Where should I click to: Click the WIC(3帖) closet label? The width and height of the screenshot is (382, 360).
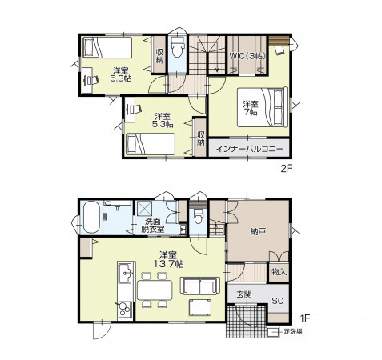tap(248, 56)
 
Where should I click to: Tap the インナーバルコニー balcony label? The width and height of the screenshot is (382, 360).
tap(250, 149)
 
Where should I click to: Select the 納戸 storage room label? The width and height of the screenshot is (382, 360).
tap(258, 232)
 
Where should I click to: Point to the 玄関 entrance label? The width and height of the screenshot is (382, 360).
tap(244, 294)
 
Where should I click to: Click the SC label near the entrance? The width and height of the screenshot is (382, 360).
tap(277, 301)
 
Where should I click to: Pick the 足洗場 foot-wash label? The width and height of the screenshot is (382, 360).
tap(293, 332)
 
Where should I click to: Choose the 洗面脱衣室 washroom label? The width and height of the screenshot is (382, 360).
tap(153, 226)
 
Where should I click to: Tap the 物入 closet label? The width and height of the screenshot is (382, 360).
tap(279, 272)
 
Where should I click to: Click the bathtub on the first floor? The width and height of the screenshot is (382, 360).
tap(91, 217)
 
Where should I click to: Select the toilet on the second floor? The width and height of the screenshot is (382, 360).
tap(178, 47)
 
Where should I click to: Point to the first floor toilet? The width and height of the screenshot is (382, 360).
tap(199, 216)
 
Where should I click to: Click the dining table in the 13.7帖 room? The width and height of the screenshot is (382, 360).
tap(155, 290)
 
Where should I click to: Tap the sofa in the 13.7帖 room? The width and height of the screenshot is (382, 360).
tap(200, 286)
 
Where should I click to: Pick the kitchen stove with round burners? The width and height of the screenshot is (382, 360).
tap(124, 310)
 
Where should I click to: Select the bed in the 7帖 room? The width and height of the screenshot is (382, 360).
tap(262, 107)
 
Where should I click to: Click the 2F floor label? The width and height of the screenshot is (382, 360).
tap(287, 169)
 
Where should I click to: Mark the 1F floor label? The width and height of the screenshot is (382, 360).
tap(305, 318)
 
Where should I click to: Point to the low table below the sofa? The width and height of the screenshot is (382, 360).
tap(200, 307)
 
